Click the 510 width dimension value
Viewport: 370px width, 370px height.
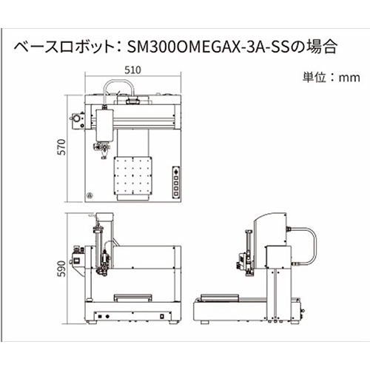click(132, 70)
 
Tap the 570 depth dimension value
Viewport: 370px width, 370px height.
click(61, 147)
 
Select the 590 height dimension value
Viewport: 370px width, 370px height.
click(61, 269)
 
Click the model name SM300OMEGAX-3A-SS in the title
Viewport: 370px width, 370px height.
click(208, 47)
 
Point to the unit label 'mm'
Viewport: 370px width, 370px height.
click(349, 78)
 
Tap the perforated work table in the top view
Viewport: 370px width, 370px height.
click(132, 175)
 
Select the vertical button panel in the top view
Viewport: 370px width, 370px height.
click(175, 182)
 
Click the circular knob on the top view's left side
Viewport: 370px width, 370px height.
click(77, 118)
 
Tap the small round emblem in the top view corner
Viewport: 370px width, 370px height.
click(89, 195)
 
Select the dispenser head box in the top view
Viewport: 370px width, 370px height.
click(104, 126)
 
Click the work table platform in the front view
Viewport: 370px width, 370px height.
click(132, 297)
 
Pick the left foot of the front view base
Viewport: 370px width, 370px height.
click(93, 322)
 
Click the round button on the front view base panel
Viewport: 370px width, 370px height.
click(107, 316)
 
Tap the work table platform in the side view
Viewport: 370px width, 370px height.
click(220, 297)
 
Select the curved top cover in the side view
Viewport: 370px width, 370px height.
click(270, 229)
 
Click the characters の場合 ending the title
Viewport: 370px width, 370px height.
click(314, 47)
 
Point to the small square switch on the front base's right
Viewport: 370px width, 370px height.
click(162, 316)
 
